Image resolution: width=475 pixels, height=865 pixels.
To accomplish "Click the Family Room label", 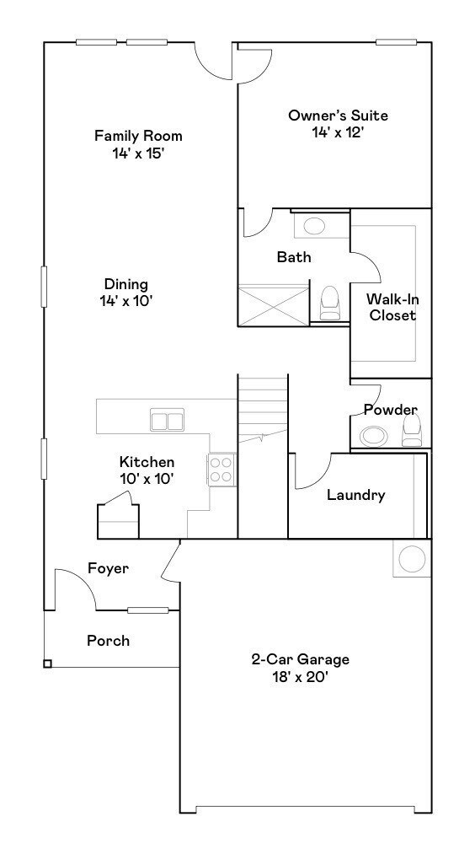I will click(138, 136).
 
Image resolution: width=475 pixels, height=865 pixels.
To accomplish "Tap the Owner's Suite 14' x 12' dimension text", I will click(338, 132).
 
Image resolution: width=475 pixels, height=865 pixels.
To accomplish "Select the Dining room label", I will click(126, 284).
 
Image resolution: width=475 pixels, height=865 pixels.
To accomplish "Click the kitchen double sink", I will click(167, 420).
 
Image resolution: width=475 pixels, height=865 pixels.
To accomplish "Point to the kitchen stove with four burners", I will click(221, 470).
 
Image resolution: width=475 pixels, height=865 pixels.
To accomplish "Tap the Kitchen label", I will click(147, 462).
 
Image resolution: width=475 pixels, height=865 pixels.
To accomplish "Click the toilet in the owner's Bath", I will click(329, 303).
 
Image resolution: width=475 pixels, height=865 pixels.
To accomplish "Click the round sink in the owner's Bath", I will click(314, 226).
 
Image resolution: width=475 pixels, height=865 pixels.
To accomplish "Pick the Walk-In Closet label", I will click(391, 307).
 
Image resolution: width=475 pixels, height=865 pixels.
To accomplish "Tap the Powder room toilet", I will click(411, 432).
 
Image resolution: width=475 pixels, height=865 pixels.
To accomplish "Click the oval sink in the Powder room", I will click(372, 436).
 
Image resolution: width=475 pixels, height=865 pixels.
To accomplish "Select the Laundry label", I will click(355, 495).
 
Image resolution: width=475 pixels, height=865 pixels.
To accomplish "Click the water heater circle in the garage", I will click(413, 559).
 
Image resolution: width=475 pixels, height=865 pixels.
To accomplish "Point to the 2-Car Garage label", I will click(300, 659).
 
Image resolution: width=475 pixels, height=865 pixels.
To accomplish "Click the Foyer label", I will click(108, 569).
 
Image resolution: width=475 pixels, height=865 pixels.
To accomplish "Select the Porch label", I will click(109, 641).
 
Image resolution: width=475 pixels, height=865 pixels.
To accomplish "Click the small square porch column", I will click(47, 664).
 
